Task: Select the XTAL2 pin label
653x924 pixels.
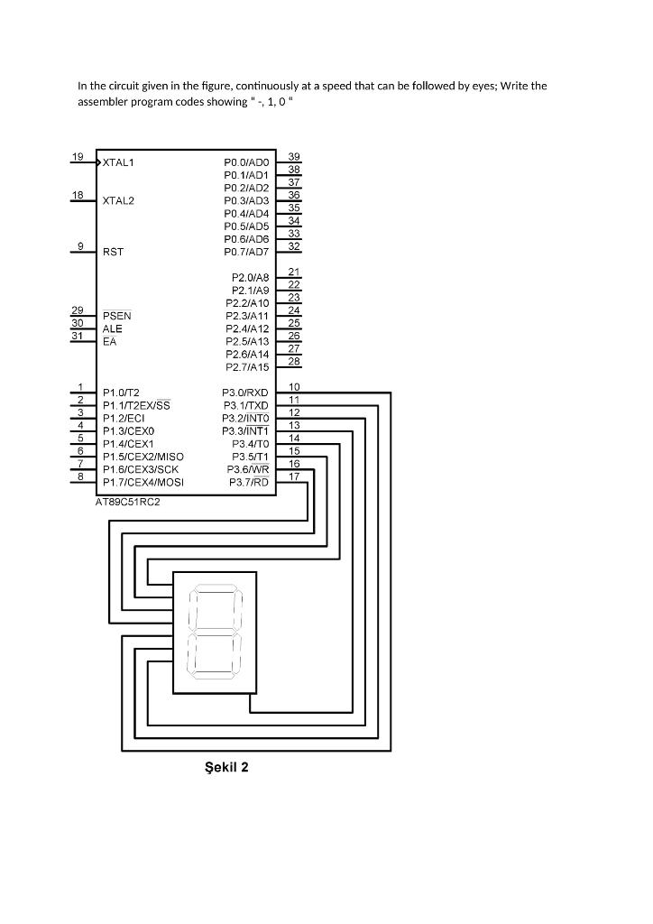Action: (x=119, y=200)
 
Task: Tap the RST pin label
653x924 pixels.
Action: (x=113, y=253)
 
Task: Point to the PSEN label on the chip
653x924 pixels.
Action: (x=117, y=317)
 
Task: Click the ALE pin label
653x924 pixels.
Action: (x=113, y=329)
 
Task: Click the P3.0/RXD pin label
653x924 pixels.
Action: (x=245, y=393)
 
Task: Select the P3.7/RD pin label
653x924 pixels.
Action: (x=249, y=483)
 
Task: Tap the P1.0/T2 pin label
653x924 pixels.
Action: (x=121, y=393)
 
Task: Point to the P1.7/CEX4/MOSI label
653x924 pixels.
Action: (x=143, y=483)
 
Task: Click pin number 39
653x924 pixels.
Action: (x=294, y=157)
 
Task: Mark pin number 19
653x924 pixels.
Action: (x=78, y=157)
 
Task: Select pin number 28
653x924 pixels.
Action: (x=294, y=361)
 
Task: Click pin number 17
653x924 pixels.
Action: (x=294, y=476)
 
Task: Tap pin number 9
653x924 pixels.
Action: (x=80, y=245)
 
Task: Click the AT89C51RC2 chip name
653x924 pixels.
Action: (x=128, y=502)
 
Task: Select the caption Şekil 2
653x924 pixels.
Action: (x=226, y=767)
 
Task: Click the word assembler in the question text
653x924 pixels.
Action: (x=104, y=102)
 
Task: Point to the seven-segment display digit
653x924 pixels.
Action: (x=215, y=632)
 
